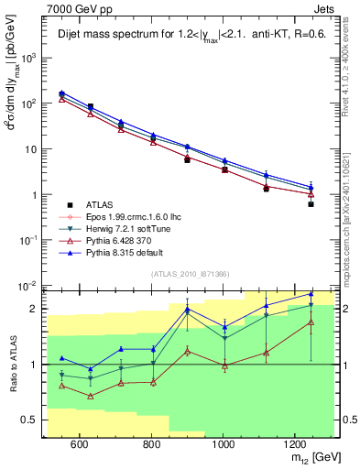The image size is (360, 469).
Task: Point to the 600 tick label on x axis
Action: pos(79,444)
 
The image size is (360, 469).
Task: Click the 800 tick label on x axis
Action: pos(151,444)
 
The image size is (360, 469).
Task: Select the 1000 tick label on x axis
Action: pos(224,444)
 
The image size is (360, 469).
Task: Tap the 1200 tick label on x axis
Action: pos(295,444)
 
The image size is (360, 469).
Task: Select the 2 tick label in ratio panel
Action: pos(36,309)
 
